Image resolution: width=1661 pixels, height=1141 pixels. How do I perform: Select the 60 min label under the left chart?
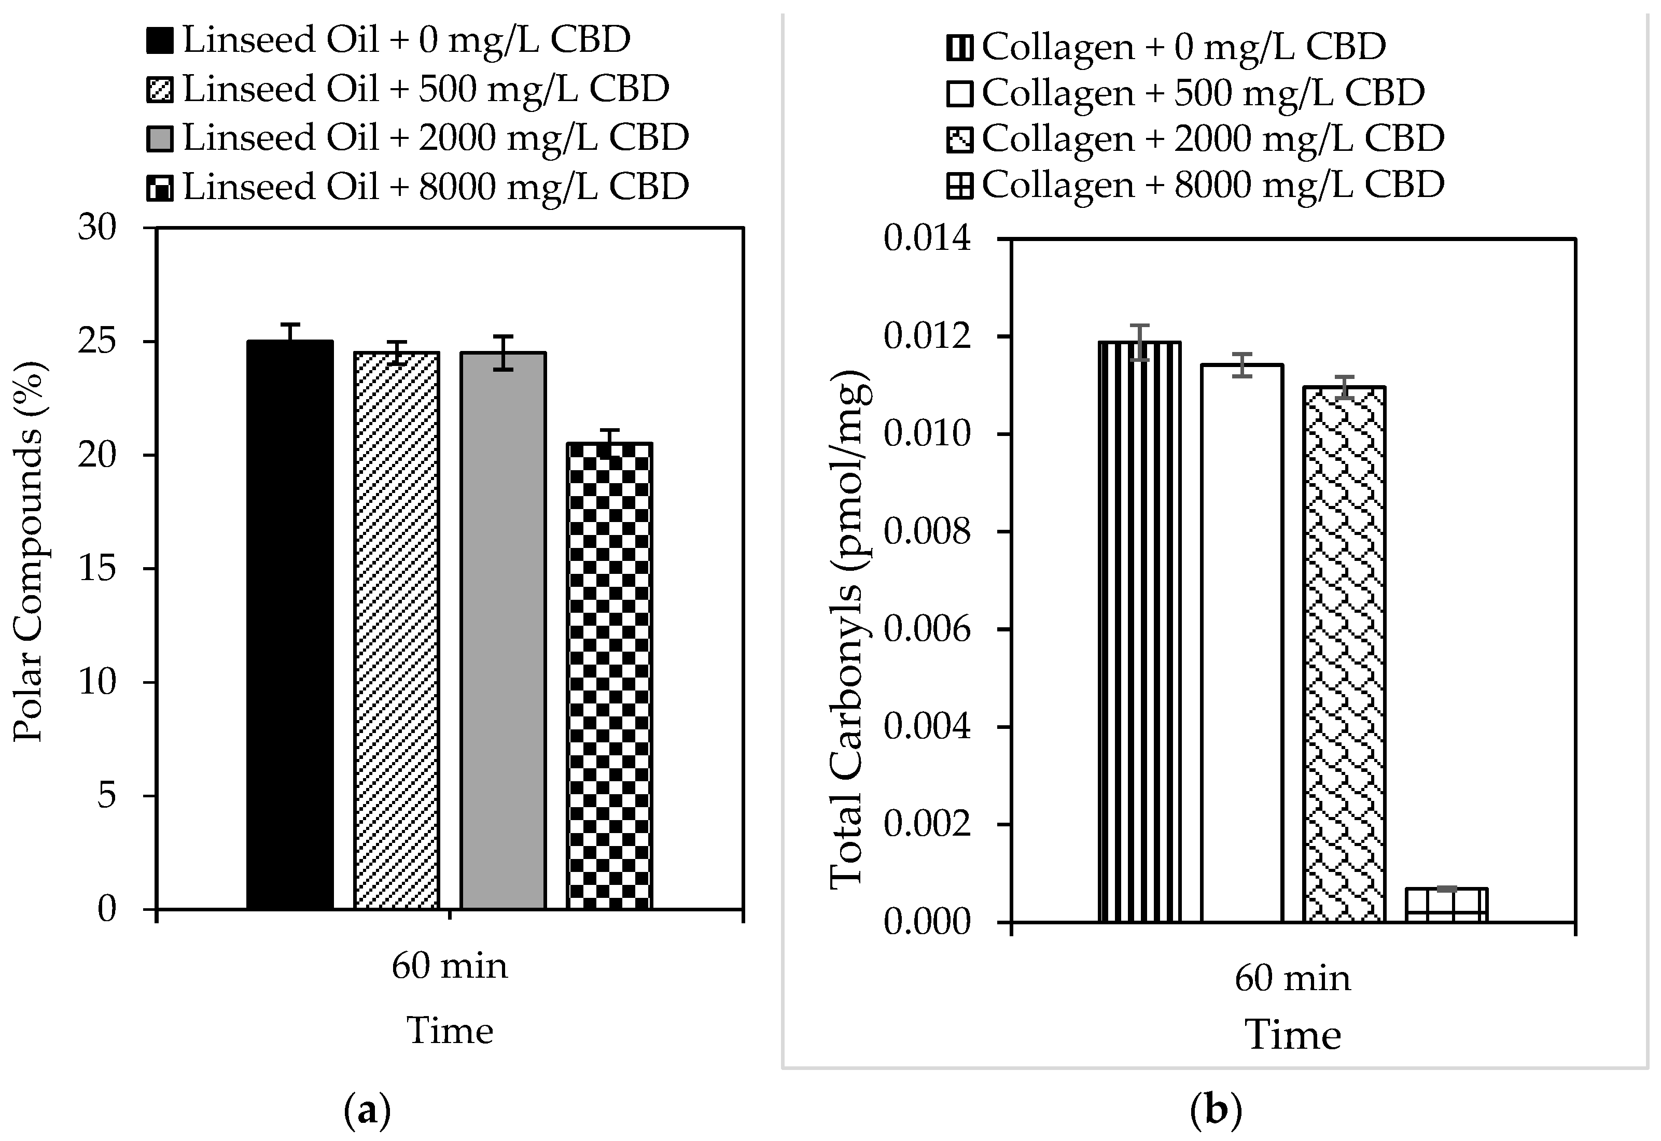click(x=450, y=967)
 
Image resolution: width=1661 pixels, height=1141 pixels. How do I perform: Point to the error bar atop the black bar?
click(x=290, y=332)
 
